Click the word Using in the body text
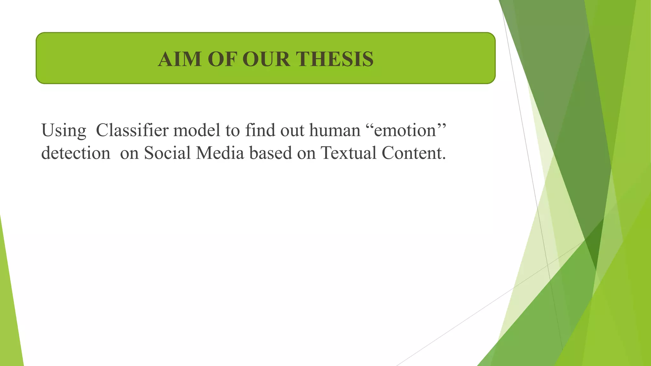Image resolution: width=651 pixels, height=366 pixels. pyautogui.click(x=64, y=131)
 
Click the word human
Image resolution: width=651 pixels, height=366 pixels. pyautogui.click(x=335, y=130)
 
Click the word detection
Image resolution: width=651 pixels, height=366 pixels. pyautogui.click(x=76, y=153)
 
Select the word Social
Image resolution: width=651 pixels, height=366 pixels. pyautogui.click(x=167, y=153)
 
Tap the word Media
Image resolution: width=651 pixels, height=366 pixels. pyautogui.click(x=220, y=153)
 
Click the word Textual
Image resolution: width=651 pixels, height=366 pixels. pyautogui.click(x=348, y=153)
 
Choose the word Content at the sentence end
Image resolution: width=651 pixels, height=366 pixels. pyautogui.click(x=412, y=153)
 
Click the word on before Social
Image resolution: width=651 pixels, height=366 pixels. pyautogui.click(x=129, y=153)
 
